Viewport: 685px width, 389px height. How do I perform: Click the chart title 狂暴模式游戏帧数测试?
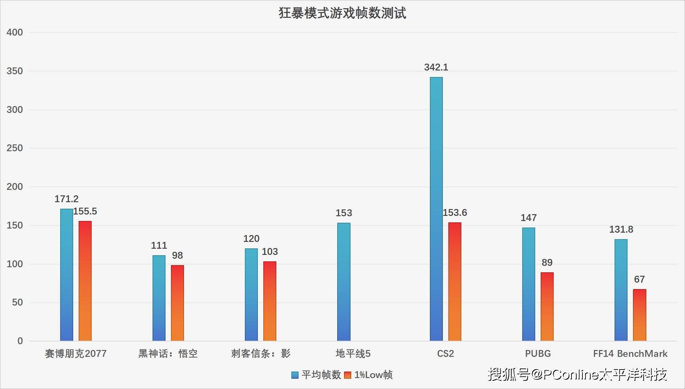tap(342, 13)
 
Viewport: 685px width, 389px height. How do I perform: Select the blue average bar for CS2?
tap(436, 209)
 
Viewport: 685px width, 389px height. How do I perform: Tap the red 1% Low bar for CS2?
tap(455, 282)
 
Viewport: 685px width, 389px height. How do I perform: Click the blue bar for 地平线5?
tap(344, 282)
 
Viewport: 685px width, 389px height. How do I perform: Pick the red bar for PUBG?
tap(547, 307)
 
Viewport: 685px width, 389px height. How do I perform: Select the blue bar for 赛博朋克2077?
tap(67, 275)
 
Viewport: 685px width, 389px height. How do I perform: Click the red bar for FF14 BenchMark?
tap(639, 315)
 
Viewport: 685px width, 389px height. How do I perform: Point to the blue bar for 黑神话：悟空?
tap(159, 298)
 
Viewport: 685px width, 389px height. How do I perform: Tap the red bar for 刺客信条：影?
tap(269, 301)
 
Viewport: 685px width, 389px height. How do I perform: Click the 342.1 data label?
tap(436, 67)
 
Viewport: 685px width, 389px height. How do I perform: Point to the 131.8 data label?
tap(621, 230)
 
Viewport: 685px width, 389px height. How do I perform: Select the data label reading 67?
tap(639, 280)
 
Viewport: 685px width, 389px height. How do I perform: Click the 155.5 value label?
tap(85, 211)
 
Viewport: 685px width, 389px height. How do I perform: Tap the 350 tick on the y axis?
tap(15, 71)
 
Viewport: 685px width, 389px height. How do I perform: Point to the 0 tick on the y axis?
tap(20, 341)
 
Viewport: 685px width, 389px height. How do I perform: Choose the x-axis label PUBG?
tap(538, 354)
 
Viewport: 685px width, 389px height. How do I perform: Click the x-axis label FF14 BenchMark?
tap(630, 354)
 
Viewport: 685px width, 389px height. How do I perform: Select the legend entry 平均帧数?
tap(317, 375)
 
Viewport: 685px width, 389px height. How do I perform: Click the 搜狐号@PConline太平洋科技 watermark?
tap(577, 375)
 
